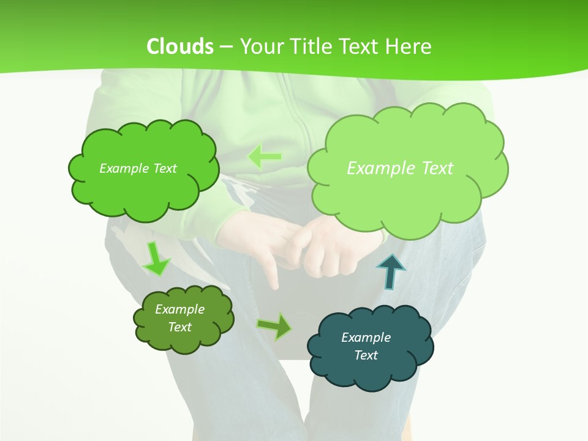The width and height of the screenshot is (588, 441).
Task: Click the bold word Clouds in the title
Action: pyautogui.click(x=180, y=46)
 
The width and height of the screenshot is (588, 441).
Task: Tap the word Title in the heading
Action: pyautogui.click(x=312, y=46)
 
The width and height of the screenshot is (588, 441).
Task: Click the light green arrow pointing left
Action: pyautogui.click(x=265, y=157)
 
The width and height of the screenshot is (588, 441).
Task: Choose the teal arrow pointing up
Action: pyautogui.click(x=390, y=271)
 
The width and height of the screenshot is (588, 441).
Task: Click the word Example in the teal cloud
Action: pyautogui.click(x=366, y=337)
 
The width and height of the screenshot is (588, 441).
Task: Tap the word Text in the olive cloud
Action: pyautogui.click(x=180, y=327)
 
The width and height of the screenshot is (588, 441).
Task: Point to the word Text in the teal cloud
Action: pyautogui.click(x=366, y=355)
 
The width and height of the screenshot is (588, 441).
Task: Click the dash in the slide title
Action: pyautogui.click(x=227, y=46)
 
